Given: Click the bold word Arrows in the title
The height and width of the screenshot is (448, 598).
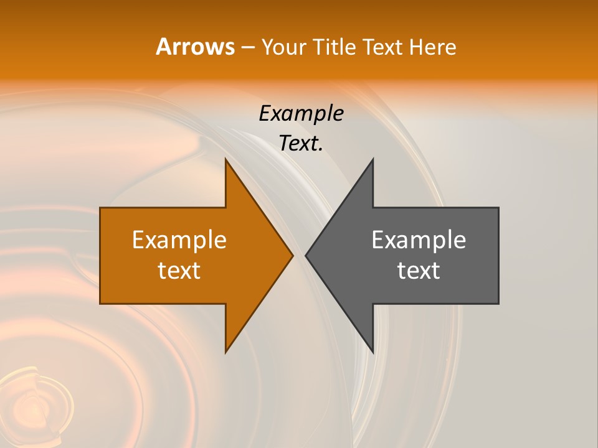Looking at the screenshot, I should pyautogui.click(x=195, y=47).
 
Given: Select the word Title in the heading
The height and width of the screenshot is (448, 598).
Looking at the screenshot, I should pyautogui.click(x=334, y=47).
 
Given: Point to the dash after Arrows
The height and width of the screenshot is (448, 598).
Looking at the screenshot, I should pyautogui.click(x=247, y=47).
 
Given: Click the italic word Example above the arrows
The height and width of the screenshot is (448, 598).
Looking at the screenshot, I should pyautogui.click(x=301, y=113).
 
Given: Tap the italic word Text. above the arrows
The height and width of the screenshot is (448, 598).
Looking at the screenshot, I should pyautogui.click(x=301, y=144).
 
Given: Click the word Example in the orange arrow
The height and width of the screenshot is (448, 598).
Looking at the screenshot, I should pyautogui.click(x=179, y=240).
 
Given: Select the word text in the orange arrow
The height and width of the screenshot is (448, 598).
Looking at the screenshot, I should pyautogui.click(x=179, y=271).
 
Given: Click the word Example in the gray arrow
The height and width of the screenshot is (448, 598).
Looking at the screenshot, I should pyautogui.click(x=419, y=240).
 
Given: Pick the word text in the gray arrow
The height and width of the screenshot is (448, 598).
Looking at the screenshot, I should pyautogui.click(x=419, y=271).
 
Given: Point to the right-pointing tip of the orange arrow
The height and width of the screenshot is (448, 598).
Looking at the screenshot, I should pyautogui.click(x=292, y=255).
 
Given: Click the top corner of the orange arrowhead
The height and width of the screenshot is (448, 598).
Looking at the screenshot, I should pyautogui.click(x=225, y=159).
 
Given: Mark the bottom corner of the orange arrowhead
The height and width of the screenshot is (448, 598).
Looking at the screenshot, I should pyautogui.click(x=225, y=352).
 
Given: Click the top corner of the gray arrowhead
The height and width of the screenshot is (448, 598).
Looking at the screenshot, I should pyautogui.click(x=373, y=159).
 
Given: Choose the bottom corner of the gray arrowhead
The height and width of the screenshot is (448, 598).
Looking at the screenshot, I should pyautogui.click(x=373, y=352).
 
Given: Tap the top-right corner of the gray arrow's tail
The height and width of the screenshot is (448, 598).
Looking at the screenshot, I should pyautogui.click(x=498, y=208).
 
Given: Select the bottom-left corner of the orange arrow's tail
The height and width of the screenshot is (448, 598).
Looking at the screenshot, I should pyautogui.click(x=100, y=303).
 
